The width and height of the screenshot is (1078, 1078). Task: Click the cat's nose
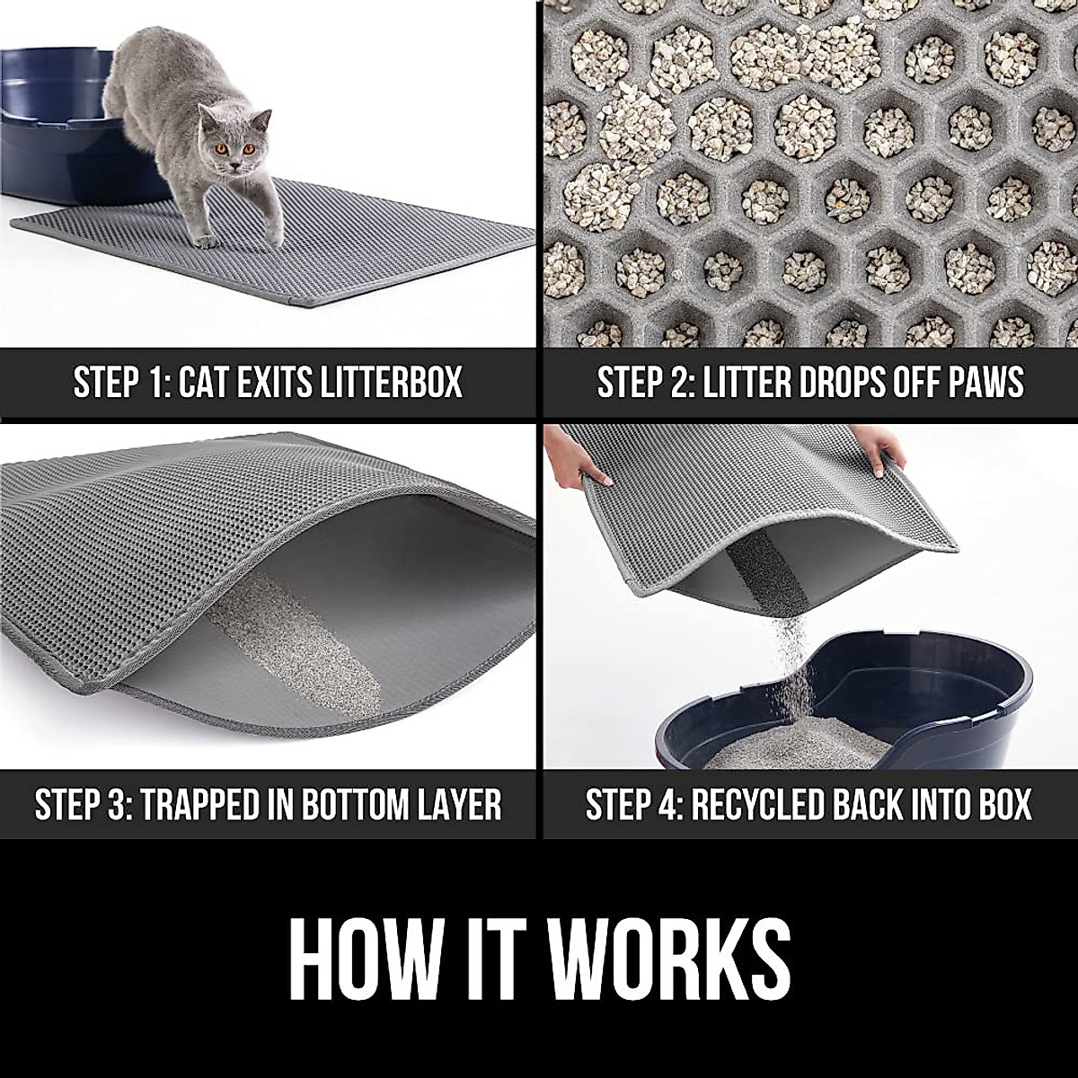click(234, 163)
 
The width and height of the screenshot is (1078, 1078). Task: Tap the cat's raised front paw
click(208, 239)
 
